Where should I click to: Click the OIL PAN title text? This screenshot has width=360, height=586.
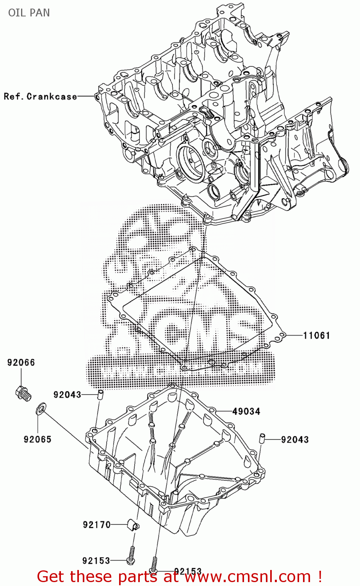pos(29,13)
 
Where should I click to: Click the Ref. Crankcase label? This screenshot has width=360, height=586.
pos(40,96)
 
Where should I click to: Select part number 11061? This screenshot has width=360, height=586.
pos(317,335)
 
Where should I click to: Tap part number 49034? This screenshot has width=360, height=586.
pos(246,411)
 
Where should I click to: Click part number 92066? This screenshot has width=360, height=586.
pos(21,363)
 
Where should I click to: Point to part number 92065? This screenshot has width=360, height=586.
pos(37,439)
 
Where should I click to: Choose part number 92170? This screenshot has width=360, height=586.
pos(96,525)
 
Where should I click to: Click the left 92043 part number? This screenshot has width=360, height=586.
pos(67,395)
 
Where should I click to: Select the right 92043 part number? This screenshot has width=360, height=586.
pos(295,439)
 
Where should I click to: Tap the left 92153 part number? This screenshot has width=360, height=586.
pos(96,561)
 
